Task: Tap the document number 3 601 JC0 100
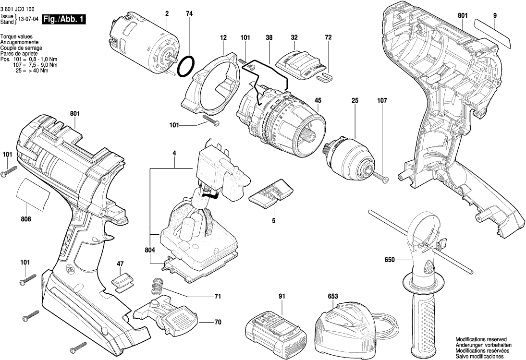pos(17,9)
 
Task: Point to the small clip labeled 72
pos(327,75)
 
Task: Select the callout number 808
pos(26,219)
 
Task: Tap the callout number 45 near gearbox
pos(318,100)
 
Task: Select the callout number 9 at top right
pos(494,15)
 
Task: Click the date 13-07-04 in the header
pos(28,20)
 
